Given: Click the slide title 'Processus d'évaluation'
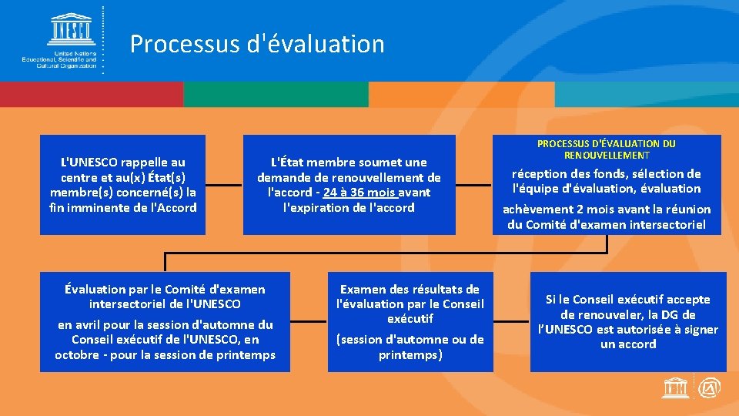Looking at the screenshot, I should (257, 44).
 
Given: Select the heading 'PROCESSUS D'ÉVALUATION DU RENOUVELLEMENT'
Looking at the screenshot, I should (606, 149).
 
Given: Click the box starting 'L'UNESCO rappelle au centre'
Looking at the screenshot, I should (123, 185).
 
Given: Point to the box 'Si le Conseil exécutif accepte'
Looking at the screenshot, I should (628, 322).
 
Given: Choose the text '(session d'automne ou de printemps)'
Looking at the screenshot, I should (410, 347).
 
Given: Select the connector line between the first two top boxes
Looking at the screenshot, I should (224, 185).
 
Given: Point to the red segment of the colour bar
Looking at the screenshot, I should (92, 94).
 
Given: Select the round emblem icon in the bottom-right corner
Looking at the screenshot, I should (710, 389).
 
